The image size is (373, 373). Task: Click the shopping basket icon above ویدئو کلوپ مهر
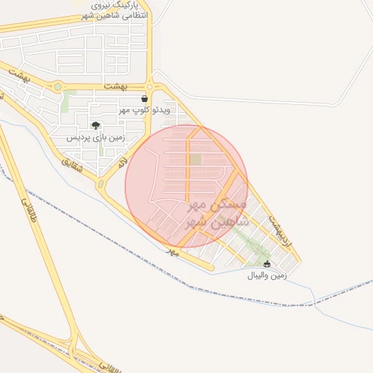pos(145,98)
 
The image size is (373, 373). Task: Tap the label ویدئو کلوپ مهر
pos(144,110)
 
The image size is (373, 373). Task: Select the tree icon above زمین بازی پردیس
pos(95,125)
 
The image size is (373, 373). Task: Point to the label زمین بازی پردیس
pos(96,137)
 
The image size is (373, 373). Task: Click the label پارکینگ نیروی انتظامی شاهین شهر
pos(113,10)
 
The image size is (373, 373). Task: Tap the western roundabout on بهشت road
pos(58,87)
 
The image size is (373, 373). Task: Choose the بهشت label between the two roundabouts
pos(114,86)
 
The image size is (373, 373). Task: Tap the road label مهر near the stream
pos(172,251)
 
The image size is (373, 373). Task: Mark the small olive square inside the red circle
pos(195,159)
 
